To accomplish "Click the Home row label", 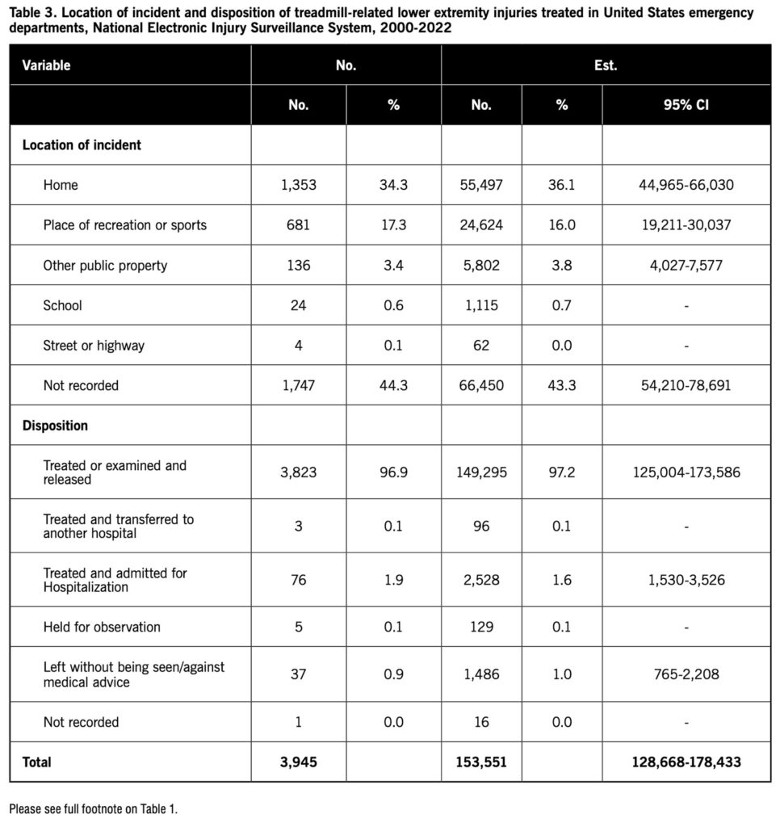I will tap(61, 185).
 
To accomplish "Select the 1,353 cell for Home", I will tap(298, 185).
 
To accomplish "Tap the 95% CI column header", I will tap(686, 105).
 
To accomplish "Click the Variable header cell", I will tap(46, 65).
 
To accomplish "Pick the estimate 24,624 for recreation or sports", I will tap(481, 225).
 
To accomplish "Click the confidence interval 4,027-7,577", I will tap(686, 265).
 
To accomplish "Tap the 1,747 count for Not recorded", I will tap(298, 385).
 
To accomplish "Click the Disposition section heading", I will tap(55, 425).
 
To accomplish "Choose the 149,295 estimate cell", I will tap(481, 472).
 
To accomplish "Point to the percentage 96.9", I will tap(393, 472).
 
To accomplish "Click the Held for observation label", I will tap(102, 627).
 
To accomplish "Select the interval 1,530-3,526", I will tap(686, 580).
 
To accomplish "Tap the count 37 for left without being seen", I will tap(298, 674).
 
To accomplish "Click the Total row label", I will tap(36, 762).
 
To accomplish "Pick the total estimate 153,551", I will tap(481, 762).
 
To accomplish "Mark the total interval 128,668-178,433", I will tap(686, 762).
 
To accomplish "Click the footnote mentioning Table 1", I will tap(93, 808).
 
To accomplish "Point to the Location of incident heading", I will tap(82, 145).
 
